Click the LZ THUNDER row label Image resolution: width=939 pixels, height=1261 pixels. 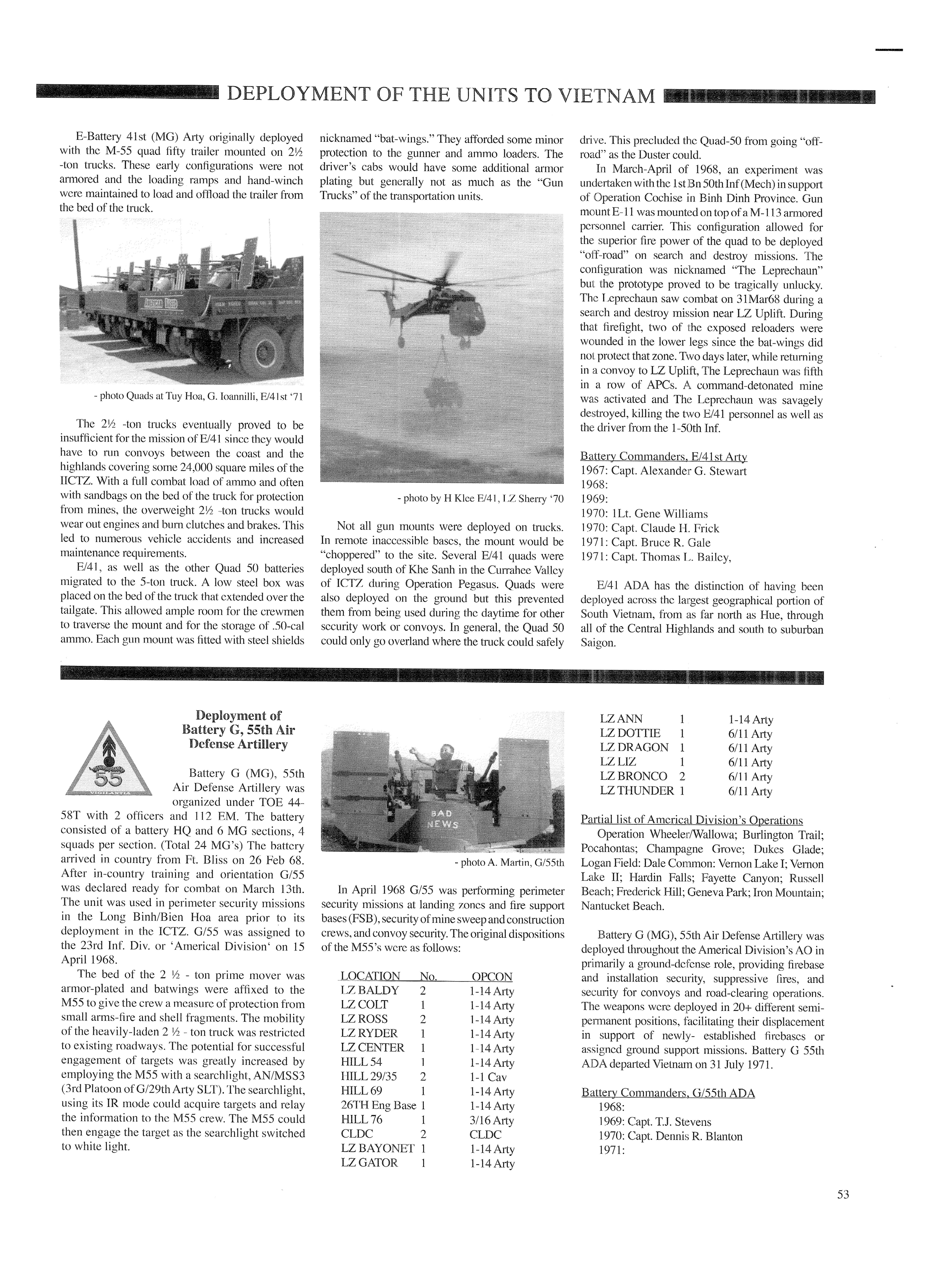(637, 791)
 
